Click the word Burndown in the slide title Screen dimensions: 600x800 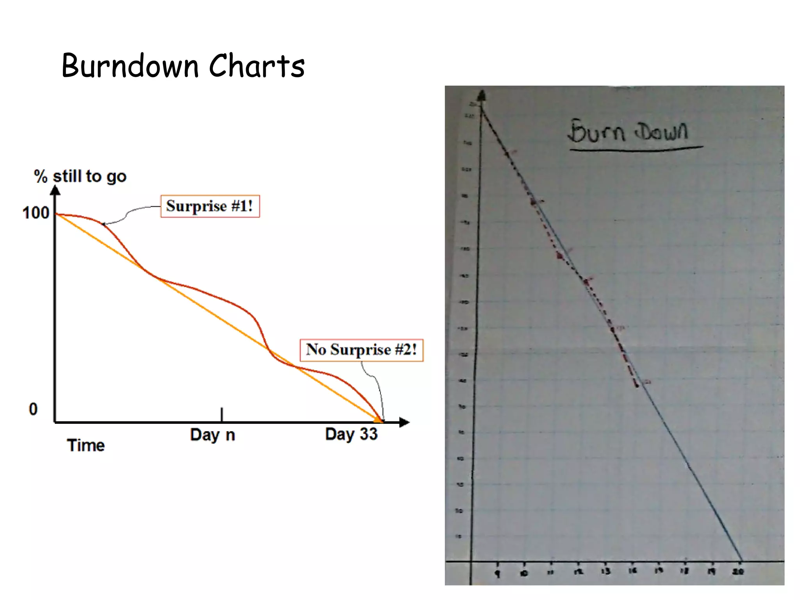tap(130, 66)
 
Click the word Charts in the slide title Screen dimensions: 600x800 tap(257, 66)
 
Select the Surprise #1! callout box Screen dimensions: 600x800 tap(210, 206)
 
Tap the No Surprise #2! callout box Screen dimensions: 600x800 tap(361, 350)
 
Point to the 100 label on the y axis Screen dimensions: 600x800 tap(36, 213)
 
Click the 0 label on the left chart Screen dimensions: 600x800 tap(33, 409)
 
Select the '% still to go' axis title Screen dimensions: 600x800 tap(80, 177)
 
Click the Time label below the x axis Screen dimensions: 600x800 tap(86, 445)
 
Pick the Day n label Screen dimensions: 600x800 tap(212, 435)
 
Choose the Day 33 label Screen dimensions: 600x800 tap(351, 434)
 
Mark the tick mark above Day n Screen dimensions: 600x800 tap(221, 414)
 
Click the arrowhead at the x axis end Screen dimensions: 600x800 tap(405, 422)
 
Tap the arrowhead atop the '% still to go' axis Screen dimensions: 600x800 tap(55, 190)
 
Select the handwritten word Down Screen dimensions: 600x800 tap(661, 131)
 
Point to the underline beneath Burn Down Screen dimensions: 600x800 tap(636, 148)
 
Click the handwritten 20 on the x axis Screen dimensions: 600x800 tap(737, 571)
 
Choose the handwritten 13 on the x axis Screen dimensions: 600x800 tap(605, 571)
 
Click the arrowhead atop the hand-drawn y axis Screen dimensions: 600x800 tap(482, 95)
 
